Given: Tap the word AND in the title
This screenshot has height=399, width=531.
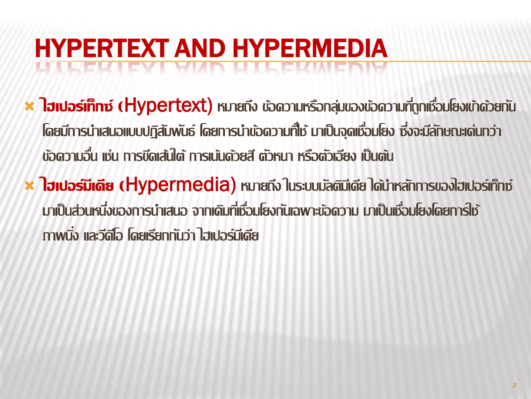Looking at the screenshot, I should pyautogui.click(x=200, y=49).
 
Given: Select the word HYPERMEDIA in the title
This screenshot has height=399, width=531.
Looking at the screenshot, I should pyautogui.click(x=310, y=49).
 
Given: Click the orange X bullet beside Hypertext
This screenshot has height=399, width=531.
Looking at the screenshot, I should pyautogui.click(x=29, y=107).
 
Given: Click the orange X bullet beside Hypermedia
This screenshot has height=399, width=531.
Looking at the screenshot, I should pyautogui.click(x=29, y=186).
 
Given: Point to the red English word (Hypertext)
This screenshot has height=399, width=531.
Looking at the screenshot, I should pyautogui.click(x=165, y=106).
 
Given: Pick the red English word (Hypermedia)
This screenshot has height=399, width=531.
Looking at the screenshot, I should pyautogui.click(x=178, y=185).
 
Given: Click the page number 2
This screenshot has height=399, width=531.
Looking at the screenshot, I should pyautogui.click(x=514, y=385).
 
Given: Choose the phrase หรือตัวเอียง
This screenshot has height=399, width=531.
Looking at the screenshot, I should pyautogui.click(x=327, y=157).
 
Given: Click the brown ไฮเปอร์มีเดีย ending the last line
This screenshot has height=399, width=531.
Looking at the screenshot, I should pyautogui.click(x=229, y=236).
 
